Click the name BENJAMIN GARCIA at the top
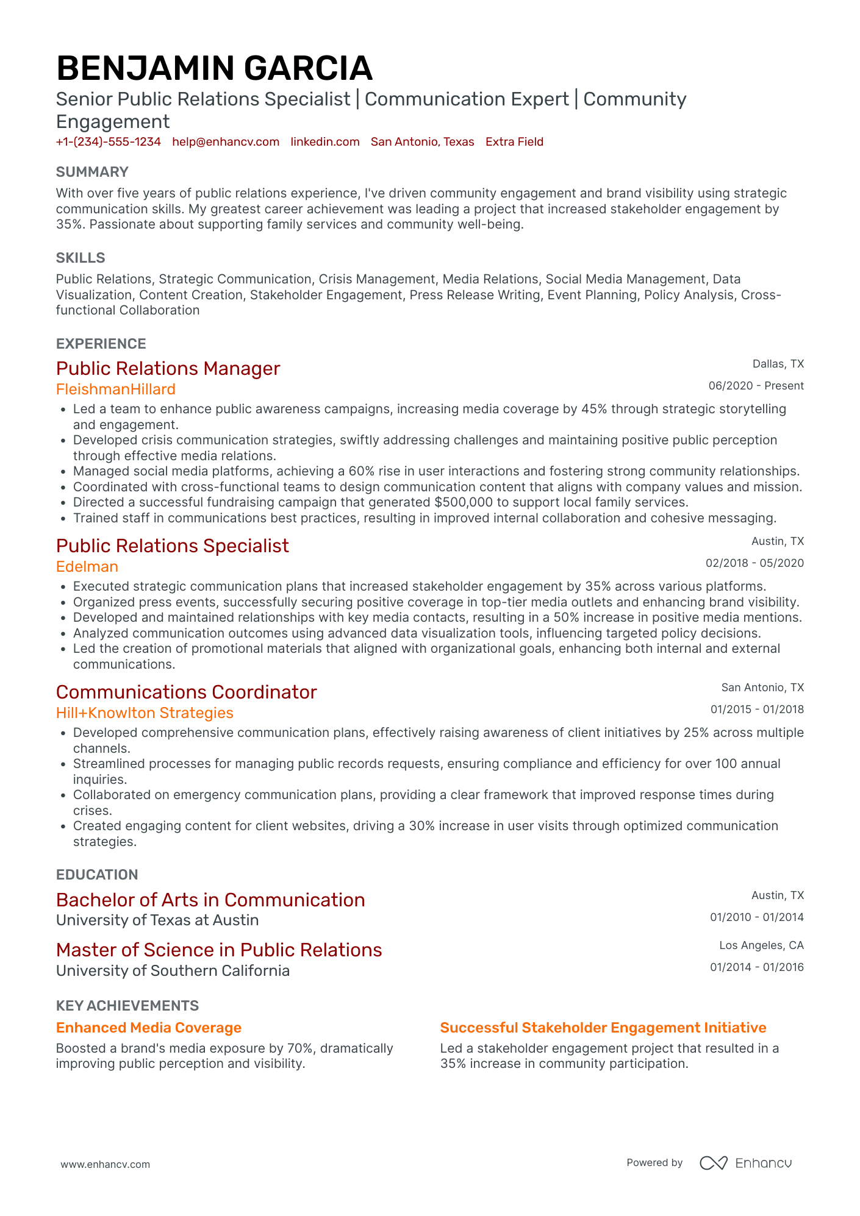click(x=214, y=68)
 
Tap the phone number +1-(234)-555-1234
click(x=109, y=142)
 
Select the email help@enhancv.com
click(x=226, y=142)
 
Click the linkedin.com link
click(x=325, y=142)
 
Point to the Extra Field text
click(x=514, y=142)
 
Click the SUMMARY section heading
click(x=92, y=172)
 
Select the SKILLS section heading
click(x=81, y=258)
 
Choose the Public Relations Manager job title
click(x=168, y=369)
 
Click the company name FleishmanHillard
click(x=116, y=389)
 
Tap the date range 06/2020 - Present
click(x=756, y=386)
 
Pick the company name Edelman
click(x=87, y=567)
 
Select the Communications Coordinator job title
click(x=186, y=692)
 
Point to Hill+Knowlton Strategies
click(x=145, y=713)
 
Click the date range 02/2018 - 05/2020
click(x=754, y=563)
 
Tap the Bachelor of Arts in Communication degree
click(x=210, y=900)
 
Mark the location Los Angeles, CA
click(x=761, y=945)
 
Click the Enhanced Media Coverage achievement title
click(x=149, y=1028)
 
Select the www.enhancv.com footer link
click(x=105, y=1164)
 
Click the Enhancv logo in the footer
click(x=745, y=1163)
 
